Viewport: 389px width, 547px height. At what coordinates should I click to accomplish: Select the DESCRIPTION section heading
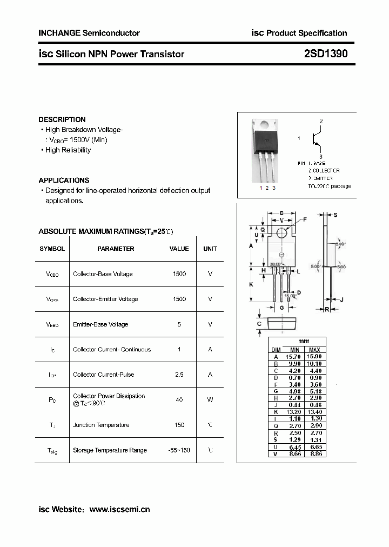pos(62,119)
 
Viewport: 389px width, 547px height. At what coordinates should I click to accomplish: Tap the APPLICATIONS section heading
pos(64,180)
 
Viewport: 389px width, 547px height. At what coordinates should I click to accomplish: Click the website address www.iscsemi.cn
pos(119,509)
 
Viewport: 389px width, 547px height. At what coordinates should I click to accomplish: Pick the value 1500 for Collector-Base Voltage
pos(179,274)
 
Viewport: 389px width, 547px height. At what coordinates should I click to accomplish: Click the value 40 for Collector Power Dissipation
pos(179,399)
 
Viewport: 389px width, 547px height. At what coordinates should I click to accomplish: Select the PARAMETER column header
pos(116,249)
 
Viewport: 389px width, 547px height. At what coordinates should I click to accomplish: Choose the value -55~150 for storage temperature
pos(179,450)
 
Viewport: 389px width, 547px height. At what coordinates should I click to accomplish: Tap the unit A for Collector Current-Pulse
pos(210,375)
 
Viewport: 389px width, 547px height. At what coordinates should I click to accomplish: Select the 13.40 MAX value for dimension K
pos(316,411)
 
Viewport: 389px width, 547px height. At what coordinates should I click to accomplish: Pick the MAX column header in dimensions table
pos(316,349)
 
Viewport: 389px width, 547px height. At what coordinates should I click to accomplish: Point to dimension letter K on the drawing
pos(251,284)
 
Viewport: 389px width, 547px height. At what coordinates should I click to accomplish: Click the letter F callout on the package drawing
pos(304,219)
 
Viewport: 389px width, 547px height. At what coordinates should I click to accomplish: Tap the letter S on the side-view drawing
pos(335,215)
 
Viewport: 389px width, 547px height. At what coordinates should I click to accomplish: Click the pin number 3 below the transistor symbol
pos(320,157)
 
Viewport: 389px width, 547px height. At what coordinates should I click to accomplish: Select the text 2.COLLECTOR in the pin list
pos(324,170)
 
